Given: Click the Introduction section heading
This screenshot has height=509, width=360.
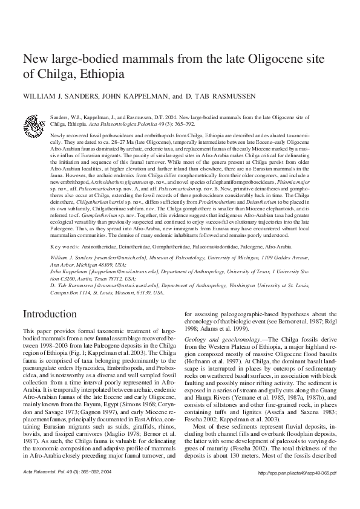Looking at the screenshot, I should pyautogui.click(x=50, y=314).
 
